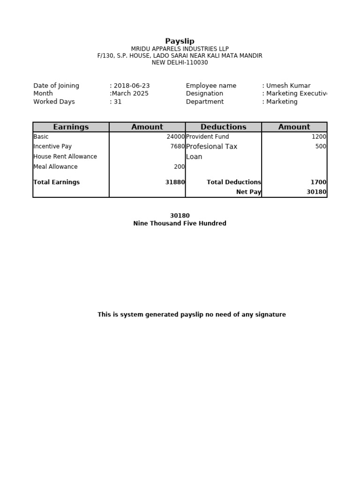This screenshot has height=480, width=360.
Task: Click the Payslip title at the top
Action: point(180,41)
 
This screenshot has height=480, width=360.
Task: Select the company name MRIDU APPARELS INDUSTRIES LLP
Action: point(180,49)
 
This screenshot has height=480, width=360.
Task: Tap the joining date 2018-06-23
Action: point(131,86)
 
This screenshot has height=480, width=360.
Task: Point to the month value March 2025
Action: point(130,94)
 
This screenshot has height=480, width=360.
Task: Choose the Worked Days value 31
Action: point(117,102)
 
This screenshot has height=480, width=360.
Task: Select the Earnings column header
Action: point(71,127)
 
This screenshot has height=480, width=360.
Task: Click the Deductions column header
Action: point(223,127)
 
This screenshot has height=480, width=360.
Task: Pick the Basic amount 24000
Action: point(176,137)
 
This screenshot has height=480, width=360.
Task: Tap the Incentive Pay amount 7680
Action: point(177,147)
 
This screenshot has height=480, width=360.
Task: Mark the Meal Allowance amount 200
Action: point(179,167)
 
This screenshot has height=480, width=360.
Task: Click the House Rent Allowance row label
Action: point(65,157)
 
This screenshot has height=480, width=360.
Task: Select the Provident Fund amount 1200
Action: point(319,137)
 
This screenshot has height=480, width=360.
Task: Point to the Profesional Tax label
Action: point(211,147)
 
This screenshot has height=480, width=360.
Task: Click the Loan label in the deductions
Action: point(194,157)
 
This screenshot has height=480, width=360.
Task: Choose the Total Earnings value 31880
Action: point(175,182)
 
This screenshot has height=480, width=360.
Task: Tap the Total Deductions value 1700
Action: point(318,182)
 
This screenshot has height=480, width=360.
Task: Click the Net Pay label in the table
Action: point(248,192)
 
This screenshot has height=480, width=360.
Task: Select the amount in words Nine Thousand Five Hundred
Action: point(180,224)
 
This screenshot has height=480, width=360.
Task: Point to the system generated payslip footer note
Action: point(191,315)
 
